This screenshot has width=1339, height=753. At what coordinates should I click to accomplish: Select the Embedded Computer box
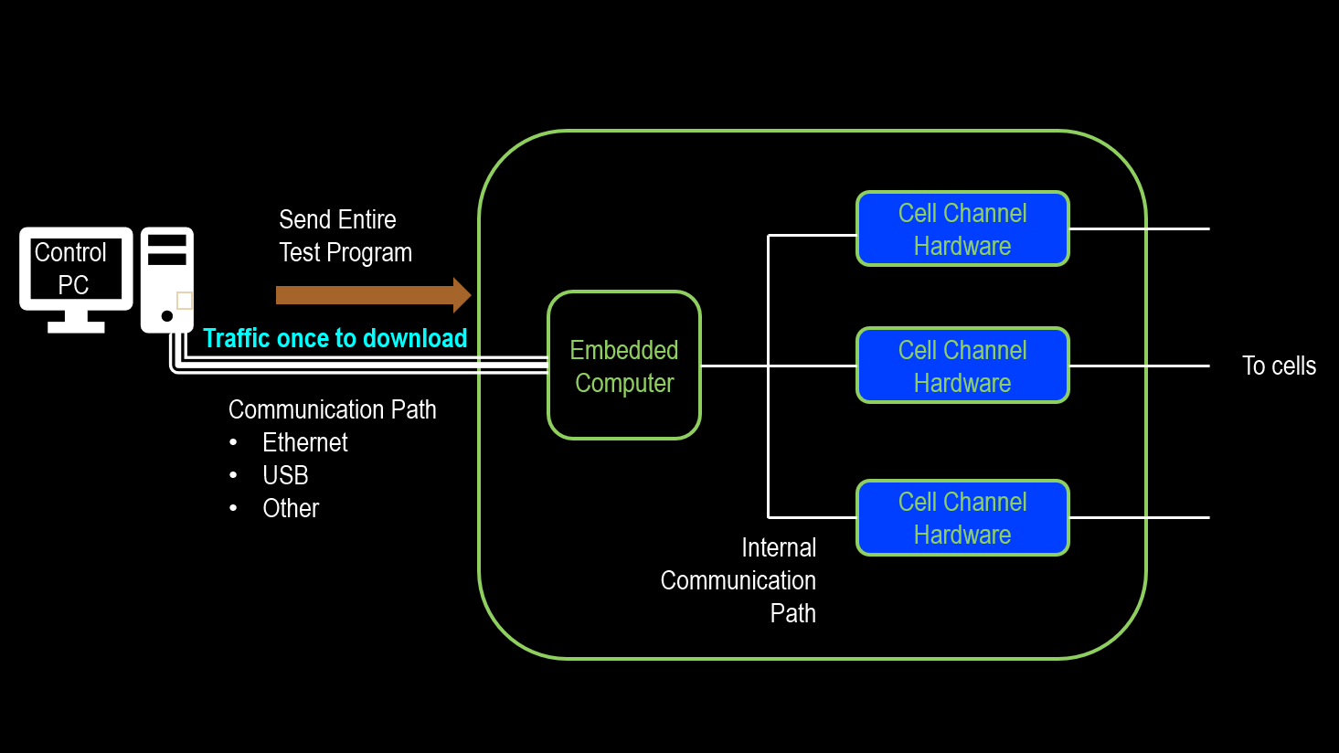click(x=624, y=366)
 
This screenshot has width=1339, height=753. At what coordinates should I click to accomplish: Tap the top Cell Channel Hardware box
click(x=962, y=228)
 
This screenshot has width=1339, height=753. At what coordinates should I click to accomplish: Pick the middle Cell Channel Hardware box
click(x=962, y=366)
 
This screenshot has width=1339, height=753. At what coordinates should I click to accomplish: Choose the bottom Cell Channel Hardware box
click(x=962, y=518)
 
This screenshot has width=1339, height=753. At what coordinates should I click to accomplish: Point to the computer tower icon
click(x=166, y=279)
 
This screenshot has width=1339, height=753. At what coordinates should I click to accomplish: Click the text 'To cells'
click(x=1279, y=366)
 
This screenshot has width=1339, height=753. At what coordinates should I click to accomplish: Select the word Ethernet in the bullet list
click(x=305, y=442)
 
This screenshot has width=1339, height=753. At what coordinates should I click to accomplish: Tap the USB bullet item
click(x=285, y=475)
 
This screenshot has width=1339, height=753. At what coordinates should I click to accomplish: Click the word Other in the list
click(x=291, y=508)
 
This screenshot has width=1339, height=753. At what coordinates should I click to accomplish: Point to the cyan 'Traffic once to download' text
click(x=335, y=338)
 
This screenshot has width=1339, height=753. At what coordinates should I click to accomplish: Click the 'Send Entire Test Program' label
click(x=345, y=236)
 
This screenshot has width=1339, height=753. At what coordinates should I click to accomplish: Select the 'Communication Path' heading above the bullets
click(x=332, y=409)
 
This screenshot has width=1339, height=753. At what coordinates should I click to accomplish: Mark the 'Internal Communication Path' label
click(x=739, y=580)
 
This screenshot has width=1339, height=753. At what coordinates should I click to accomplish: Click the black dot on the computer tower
click(x=167, y=316)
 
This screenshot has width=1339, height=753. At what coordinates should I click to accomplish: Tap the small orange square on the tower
click(x=185, y=301)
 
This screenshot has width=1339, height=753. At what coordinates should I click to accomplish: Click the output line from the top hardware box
click(x=1139, y=228)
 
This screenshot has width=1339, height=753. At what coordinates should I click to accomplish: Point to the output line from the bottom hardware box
click(x=1139, y=517)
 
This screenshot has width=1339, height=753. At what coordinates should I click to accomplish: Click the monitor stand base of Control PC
click(x=76, y=326)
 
